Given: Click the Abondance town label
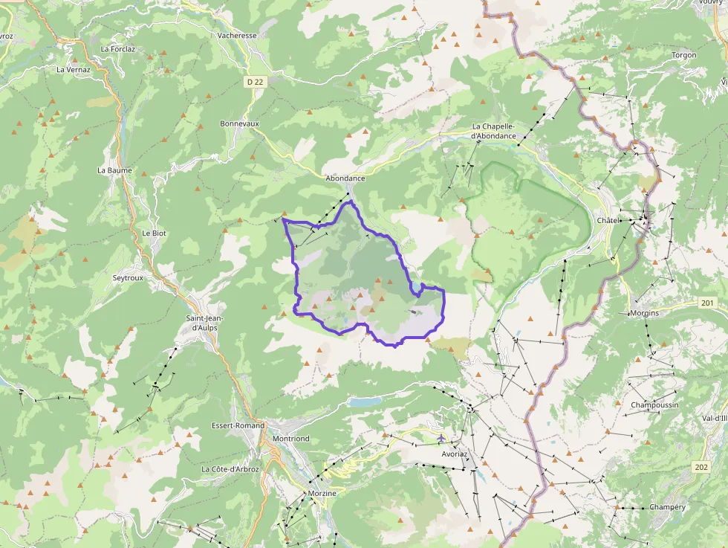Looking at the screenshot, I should pyautogui.click(x=345, y=178).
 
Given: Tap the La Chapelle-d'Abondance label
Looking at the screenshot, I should pyautogui.click(x=493, y=131).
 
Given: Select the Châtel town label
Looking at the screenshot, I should pyautogui.click(x=608, y=222).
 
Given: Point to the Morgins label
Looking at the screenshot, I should pyautogui.click(x=644, y=313).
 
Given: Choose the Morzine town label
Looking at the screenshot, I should pyautogui.click(x=322, y=493).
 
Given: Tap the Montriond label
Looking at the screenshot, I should pyautogui.click(x=290, y=439).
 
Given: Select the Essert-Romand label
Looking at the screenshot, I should pyautogui.click(x=238, y=425).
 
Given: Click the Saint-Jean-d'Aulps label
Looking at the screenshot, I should pyautogui.click(x=204, y=323).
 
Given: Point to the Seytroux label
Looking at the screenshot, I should pyautogui.click(x=127, y=277).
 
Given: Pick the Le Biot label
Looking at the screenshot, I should pyautogui.click(x=154, y=233).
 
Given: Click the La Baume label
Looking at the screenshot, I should pyautogui.click(x=114, y=170).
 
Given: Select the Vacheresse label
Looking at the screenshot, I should pyautogui.click(x=237, y=35).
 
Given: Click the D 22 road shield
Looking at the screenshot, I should pyautogui.click(x=256, y=81).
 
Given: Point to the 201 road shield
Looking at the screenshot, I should pyautogui.click(x=706, y=303).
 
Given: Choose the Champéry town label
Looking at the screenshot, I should pyautogui.click(x=667, y=507).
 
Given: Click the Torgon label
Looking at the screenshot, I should pyautogui.click(x=683, y=55).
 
